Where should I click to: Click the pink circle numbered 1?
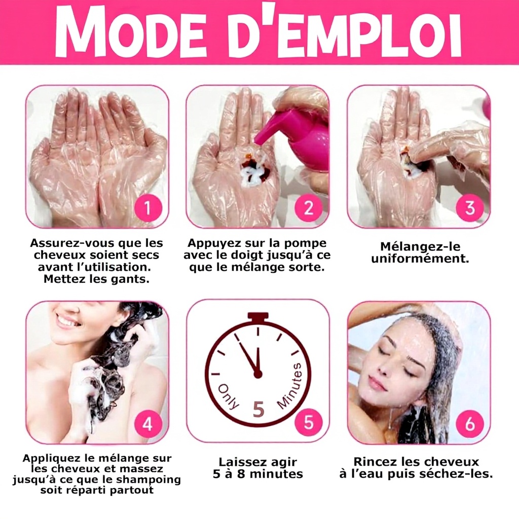(x=148, y=208)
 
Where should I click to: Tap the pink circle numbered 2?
(x=308, y=208)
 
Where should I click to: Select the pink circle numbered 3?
(x=469, y=208)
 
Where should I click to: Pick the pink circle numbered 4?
(x=148, y=423)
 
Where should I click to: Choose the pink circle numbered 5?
(x=308, y=422)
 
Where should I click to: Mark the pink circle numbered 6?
(x=469, y=423)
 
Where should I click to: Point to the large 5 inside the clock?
(x=258, y=410)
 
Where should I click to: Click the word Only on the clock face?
(x=229, y=396)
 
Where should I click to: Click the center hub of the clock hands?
(x=257, y=375)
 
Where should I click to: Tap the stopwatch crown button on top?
(x=258, y=317)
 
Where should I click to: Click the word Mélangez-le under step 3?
(x=420, y=247)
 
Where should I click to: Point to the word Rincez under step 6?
(x=375, y=461)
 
